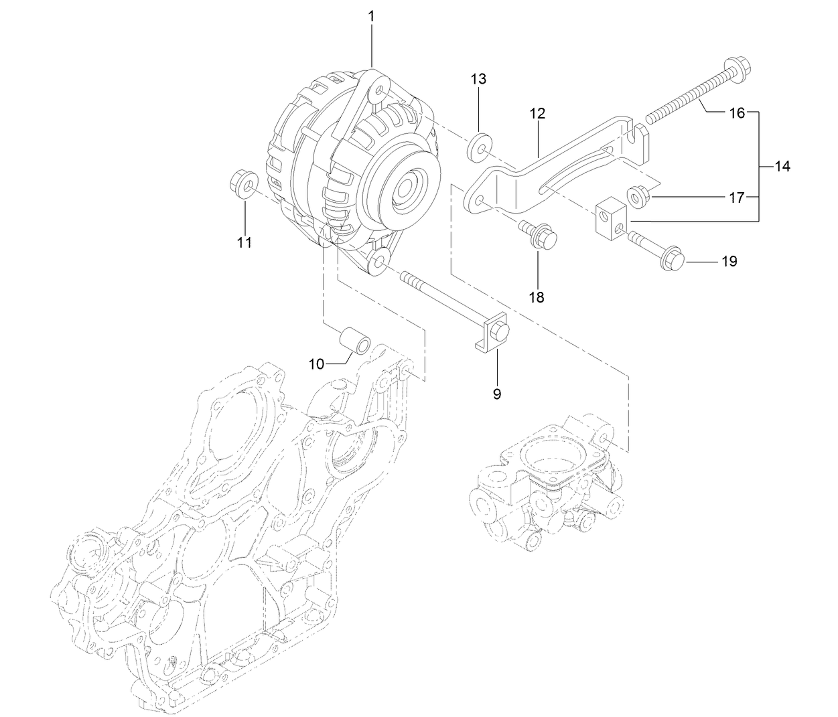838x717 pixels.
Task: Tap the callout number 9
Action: [496, 394]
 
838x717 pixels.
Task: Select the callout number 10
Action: [316, 364]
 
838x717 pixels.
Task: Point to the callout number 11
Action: [245, 242]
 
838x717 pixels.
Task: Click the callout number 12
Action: [537, 113]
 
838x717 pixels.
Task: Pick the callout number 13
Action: [478, 79]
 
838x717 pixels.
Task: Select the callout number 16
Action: [737, 113]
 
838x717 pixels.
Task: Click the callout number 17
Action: [736, 197]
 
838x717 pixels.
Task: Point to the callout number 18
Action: [537, 297]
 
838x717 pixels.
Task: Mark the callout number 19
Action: [729, 261]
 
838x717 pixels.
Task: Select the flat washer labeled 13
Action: [479, 146]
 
